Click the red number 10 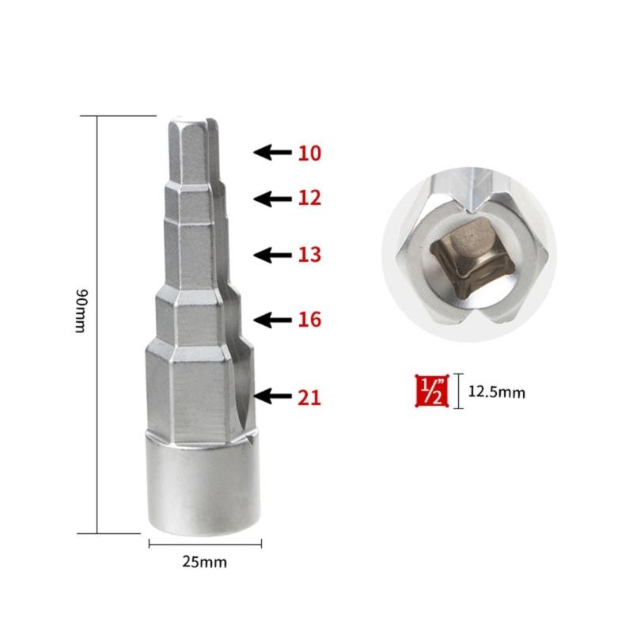(x=310, y=153)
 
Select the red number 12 (x=310, y=198)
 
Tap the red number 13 (x=310, y=255)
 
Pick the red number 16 (x=310, y=320)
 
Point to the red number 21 (x=309, y=396)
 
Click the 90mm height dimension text (x=79, y=311)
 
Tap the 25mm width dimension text (x=204, y=563)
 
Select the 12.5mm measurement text (x=495, y=391)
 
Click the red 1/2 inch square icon (x=432, y=390)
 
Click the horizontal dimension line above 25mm (x=205, y=543)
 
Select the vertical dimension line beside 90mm (x=97, y=324)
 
